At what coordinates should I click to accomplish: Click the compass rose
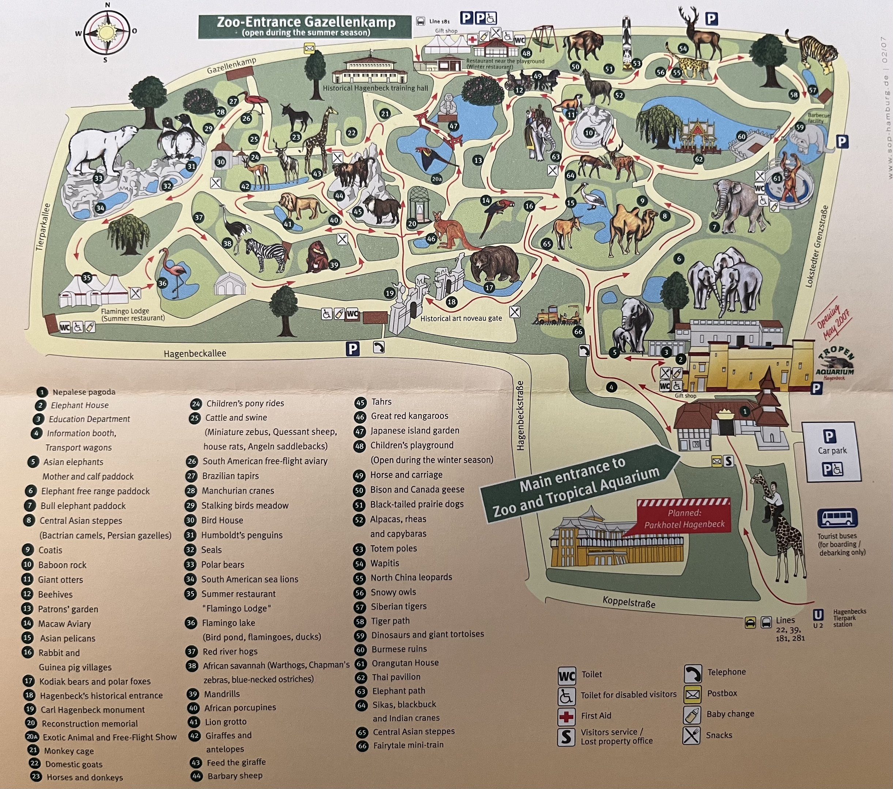(106, 32)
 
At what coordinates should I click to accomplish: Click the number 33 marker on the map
(98, 178)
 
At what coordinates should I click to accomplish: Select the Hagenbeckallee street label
(195, 354)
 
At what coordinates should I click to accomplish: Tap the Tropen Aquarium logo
(834, 365)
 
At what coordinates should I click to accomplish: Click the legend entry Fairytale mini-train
(408, 745)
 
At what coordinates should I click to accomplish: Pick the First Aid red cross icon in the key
(566, 716)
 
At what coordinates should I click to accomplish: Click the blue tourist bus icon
(837, 518)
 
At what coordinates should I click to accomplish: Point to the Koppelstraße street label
(629, 602)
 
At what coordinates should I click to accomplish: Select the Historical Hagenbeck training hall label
(375, 88)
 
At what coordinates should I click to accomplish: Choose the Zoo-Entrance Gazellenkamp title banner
(305, 27)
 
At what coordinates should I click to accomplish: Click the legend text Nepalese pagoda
(84, 392)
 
